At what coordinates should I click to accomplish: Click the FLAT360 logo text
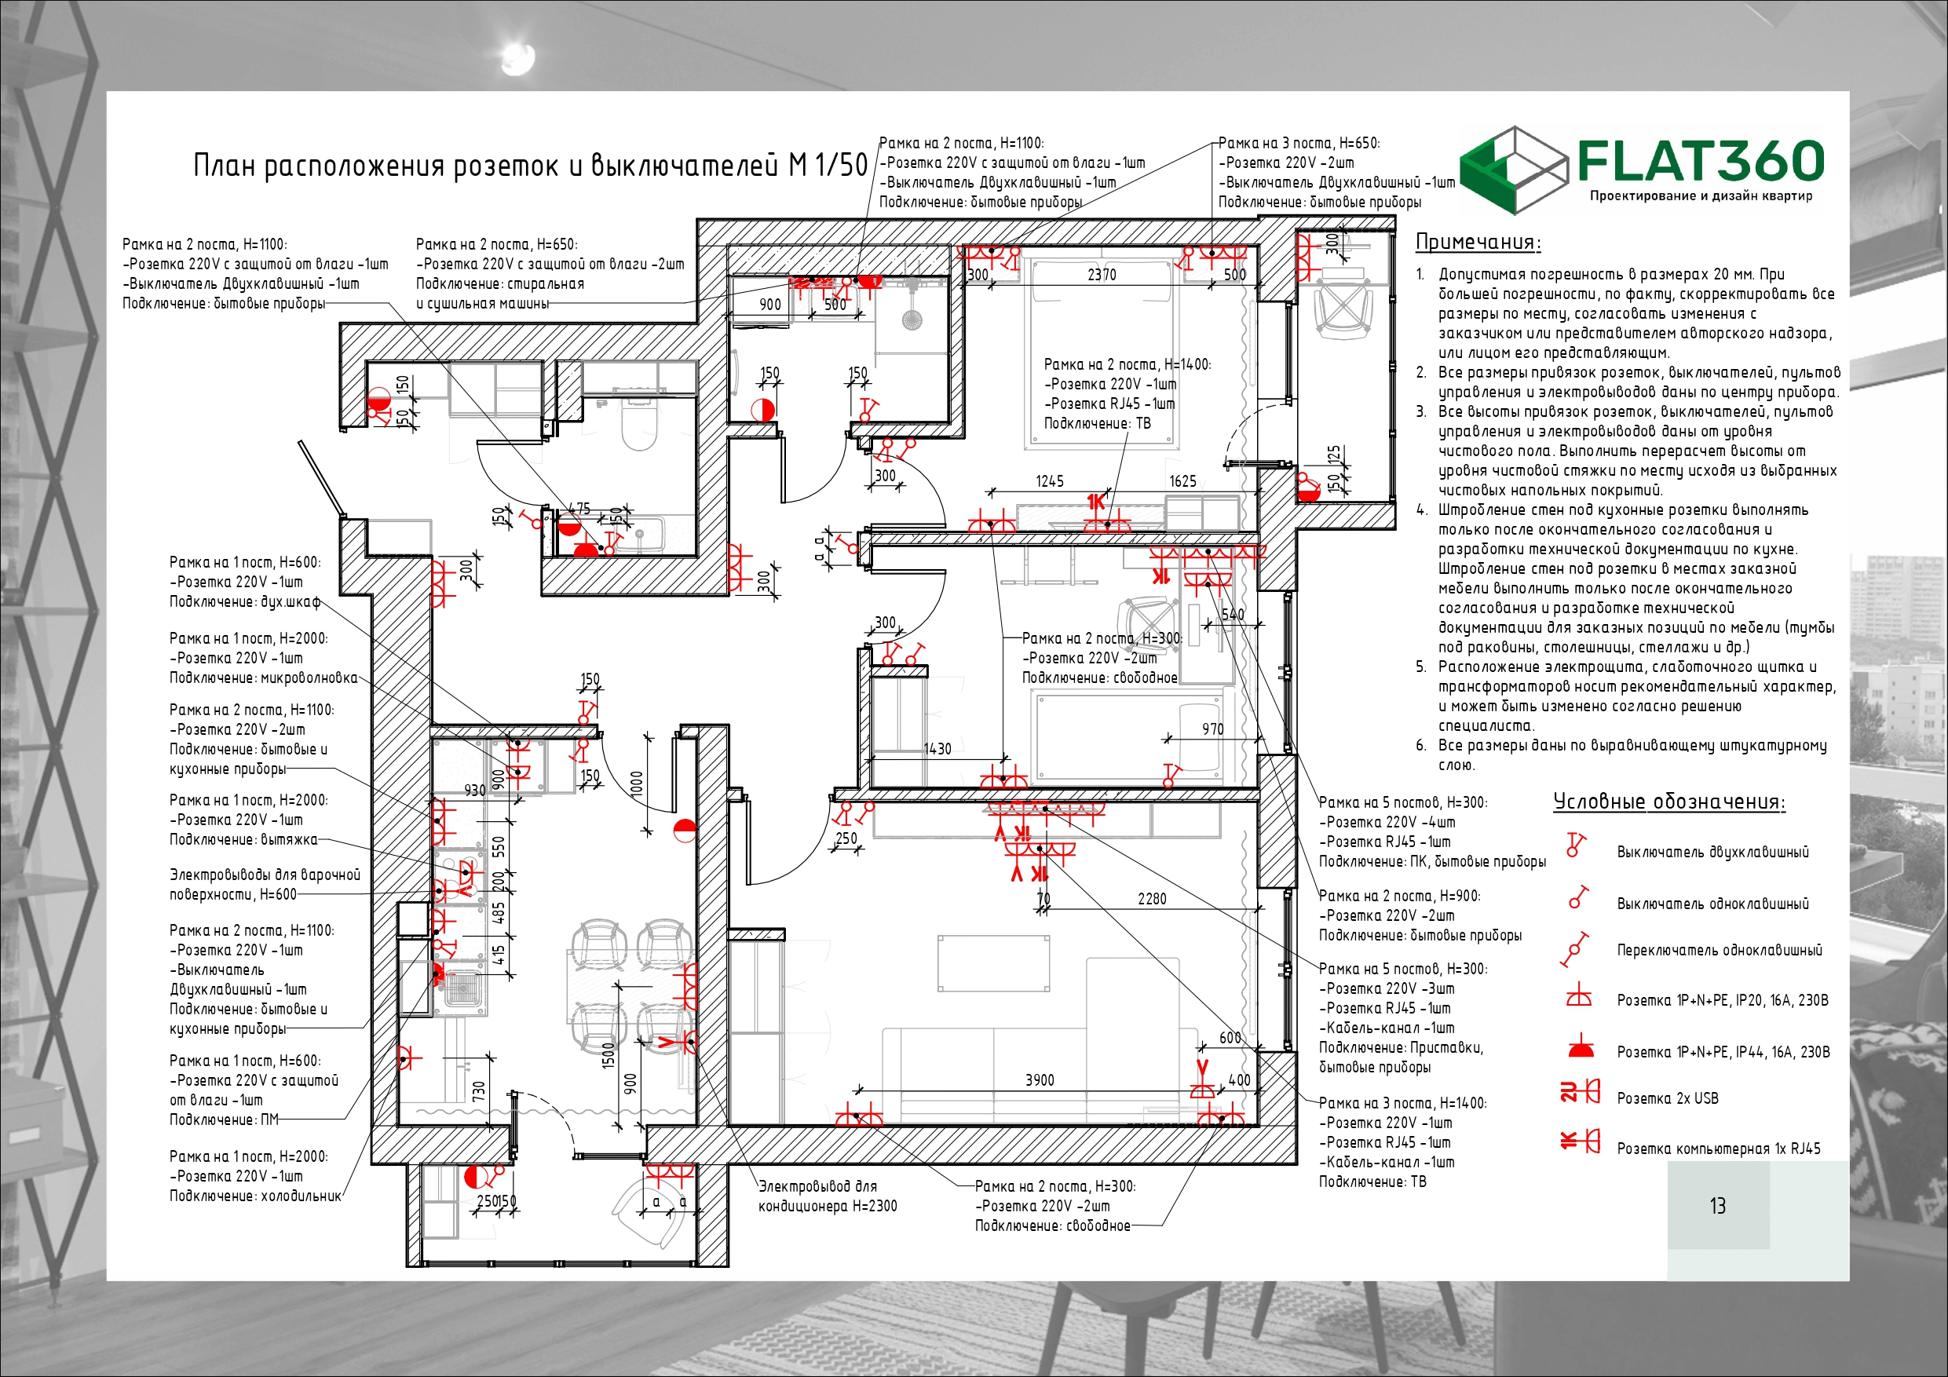coord(1701,161)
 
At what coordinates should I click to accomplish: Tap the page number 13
coord(1717,1206)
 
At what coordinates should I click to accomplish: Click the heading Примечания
coord(1478,242)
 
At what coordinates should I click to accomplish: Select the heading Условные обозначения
coord(1668,802)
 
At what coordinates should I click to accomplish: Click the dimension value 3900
coord(1040,1080)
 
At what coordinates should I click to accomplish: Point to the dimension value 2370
coord(1102,274)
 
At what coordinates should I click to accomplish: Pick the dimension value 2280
coord(1151,898)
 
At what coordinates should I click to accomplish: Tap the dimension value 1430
coord(937,749)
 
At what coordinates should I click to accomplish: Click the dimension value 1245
coord(1050,481)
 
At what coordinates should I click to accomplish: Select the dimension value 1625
coord(1182,481)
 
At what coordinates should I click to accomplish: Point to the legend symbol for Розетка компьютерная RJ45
coord(1580,1141)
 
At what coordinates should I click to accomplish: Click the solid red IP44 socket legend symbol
coord(1580,1048)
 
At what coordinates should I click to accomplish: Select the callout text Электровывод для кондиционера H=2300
coord(828,1196)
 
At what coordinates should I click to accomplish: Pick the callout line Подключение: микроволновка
coord(263,678)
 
